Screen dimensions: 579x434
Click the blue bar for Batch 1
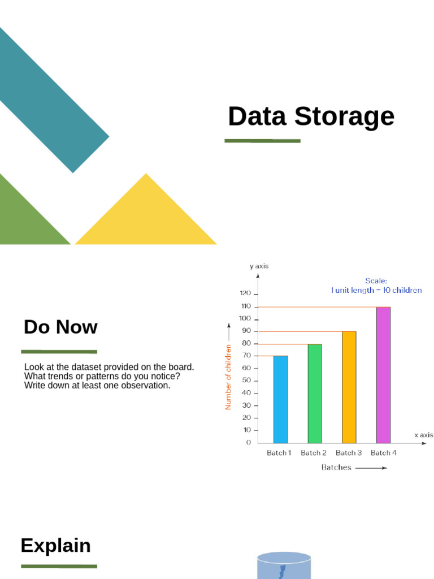coord(280,399)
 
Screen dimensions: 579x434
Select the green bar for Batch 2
coord(315,394)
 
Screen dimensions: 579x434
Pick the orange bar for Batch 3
coord(349,387)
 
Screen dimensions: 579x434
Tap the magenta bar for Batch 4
coord(383,375)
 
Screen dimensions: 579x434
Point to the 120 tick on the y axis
coord(245,294)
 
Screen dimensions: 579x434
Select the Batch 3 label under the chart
coord(349,453)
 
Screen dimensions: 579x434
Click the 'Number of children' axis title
coord(228,377)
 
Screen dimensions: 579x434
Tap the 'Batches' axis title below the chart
coord(336,468)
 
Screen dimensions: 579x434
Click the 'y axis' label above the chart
coord(259,266)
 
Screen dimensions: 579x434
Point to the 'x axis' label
coord(424,435)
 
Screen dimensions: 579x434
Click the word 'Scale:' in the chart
coord(376,280)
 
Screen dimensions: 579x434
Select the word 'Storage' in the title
coord(344,116)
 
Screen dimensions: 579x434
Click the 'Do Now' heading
coord(60,327)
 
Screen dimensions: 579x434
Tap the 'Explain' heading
coord(55,546)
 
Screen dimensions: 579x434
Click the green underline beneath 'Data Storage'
coord(262,141)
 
